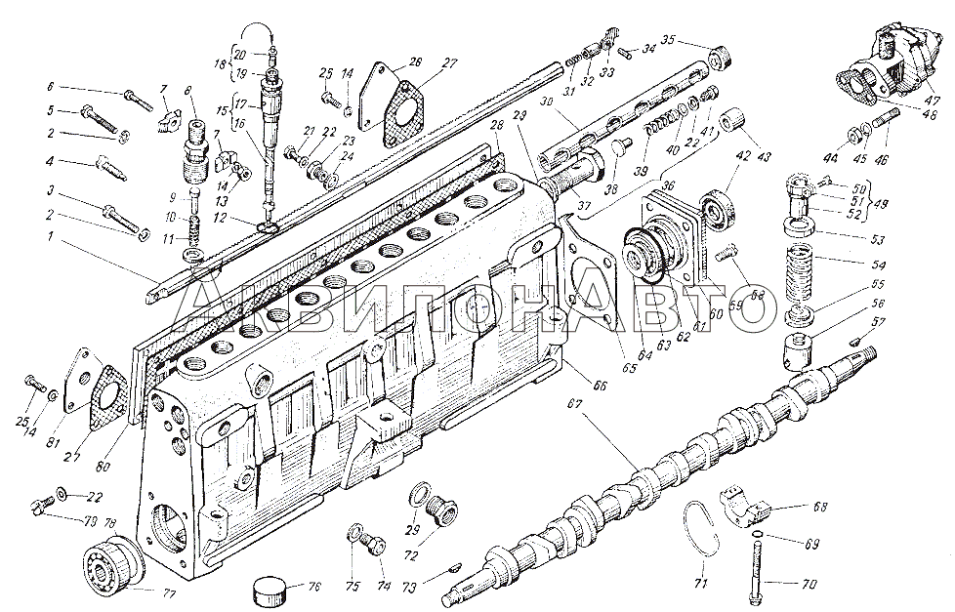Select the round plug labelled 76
[x=268, y=590]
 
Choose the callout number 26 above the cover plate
[x=415, y=61]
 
